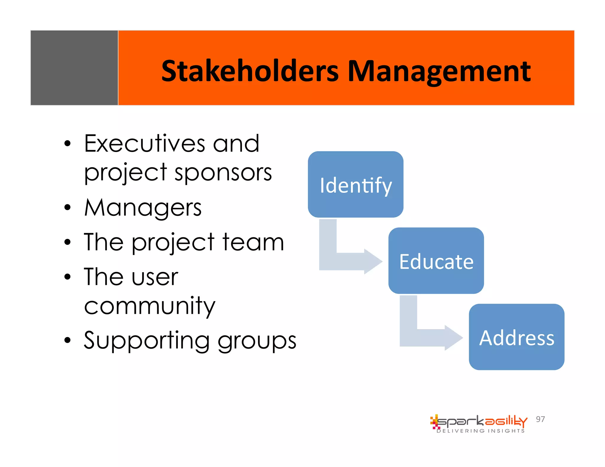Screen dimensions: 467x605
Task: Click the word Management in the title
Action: (439, 71)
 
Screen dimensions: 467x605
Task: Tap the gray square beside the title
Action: (74, 68)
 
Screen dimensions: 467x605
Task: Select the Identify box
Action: (355, 184)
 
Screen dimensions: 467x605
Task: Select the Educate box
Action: (436, 261)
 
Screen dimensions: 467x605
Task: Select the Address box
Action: (516, 337)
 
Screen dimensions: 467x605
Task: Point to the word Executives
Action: (144, 143)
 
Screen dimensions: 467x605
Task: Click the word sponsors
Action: (223, 173)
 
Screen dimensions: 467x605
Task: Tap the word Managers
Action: (143, 208)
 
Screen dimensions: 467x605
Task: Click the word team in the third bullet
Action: (253, 242)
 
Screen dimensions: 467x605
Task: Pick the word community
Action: (149, 306)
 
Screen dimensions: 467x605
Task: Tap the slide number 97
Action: (540, 419)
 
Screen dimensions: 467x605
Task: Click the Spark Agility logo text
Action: (482, 422)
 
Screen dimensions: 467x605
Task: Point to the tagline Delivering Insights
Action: (481, 431)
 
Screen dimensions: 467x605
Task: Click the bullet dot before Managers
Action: (68, 208)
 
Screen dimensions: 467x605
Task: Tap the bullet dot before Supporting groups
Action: (68, 340)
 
